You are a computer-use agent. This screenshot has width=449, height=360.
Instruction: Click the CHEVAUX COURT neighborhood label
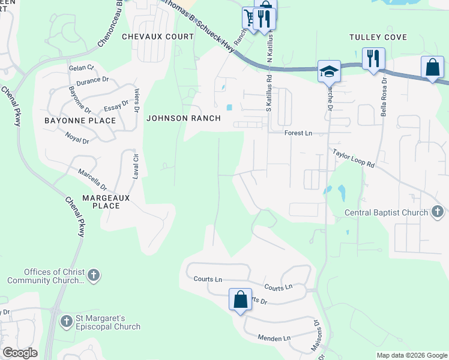coord(158,37)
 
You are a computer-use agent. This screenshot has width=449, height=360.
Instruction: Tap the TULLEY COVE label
coord(378,37)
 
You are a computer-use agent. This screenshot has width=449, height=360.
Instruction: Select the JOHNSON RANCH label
coord(184,118)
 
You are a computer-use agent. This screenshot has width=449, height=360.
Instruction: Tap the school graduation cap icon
coord(329,71)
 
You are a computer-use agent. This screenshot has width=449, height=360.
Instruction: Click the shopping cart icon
coord(249,16)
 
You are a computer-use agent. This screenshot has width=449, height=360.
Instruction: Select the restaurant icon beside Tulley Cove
coord(373,58)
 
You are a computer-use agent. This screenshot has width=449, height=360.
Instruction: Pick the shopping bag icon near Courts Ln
coord(240,299)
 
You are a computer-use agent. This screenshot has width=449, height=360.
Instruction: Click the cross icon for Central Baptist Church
coord(438,212)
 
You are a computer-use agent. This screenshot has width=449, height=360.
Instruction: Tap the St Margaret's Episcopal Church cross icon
coord(67,322)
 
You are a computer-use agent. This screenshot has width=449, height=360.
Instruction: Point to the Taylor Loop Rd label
coord(354,158)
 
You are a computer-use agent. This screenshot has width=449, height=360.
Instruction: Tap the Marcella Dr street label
coord(92,179)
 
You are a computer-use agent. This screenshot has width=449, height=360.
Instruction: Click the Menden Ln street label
coord(273,338)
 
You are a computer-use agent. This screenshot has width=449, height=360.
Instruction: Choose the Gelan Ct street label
coord(82,68)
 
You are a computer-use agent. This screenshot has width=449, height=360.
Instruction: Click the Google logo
coord(20,353)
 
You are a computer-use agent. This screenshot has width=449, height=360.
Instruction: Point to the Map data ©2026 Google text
coord(411,355)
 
